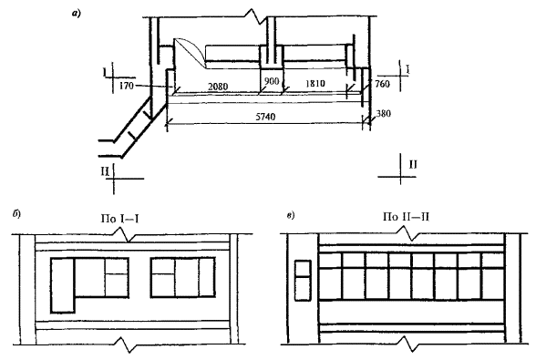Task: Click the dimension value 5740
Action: click(x=265, y=117)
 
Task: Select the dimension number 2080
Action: click(x=218, y=87)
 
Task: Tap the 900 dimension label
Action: click(x=272, y=81)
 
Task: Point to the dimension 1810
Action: click(x=314, y=84)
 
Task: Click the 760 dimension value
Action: click(x=382, y=84)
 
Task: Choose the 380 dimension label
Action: click(x=384, y=114)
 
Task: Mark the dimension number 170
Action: click(x=127, y=86)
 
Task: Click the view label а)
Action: click(x=76, y=14)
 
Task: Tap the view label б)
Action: click(x=16, y=214)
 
